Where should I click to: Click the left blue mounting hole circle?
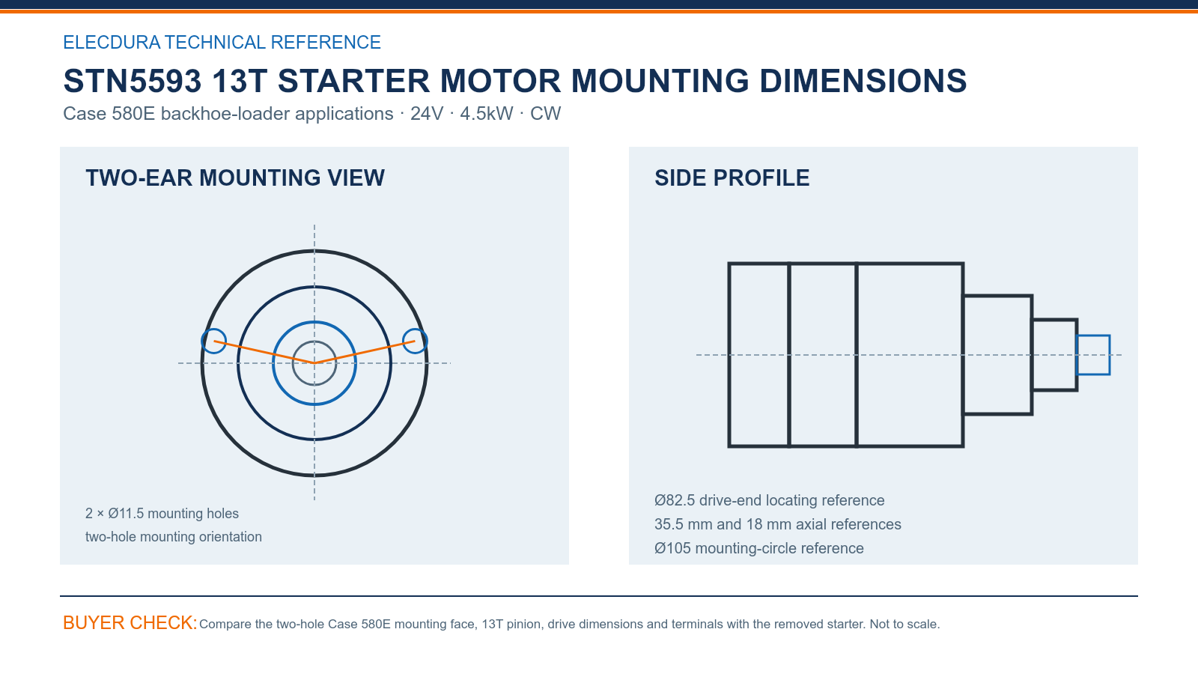coord(202,341)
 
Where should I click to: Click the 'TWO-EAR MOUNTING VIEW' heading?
coord(235,178)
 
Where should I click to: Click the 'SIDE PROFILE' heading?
coord(732,178)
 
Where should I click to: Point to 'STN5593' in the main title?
coord(132,81)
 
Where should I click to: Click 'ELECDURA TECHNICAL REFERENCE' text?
coord(222,42)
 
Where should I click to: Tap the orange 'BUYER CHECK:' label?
coord(130,622)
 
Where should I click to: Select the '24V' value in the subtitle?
coord(427,114)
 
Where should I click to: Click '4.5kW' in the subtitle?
coord(486,114)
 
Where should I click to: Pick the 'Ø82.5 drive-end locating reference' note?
coord(769,501)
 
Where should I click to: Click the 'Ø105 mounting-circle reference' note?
coord(759,548)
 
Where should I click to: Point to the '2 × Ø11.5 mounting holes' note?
coord(162,514)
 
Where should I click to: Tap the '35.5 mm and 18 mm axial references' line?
coord(778,524)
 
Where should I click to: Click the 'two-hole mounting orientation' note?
coord(173,537)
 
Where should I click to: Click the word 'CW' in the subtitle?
coord(545,114)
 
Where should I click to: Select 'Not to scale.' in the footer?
coord(904,625)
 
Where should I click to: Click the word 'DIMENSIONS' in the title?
coord(863,81)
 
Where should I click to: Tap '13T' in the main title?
coord(239,81)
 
